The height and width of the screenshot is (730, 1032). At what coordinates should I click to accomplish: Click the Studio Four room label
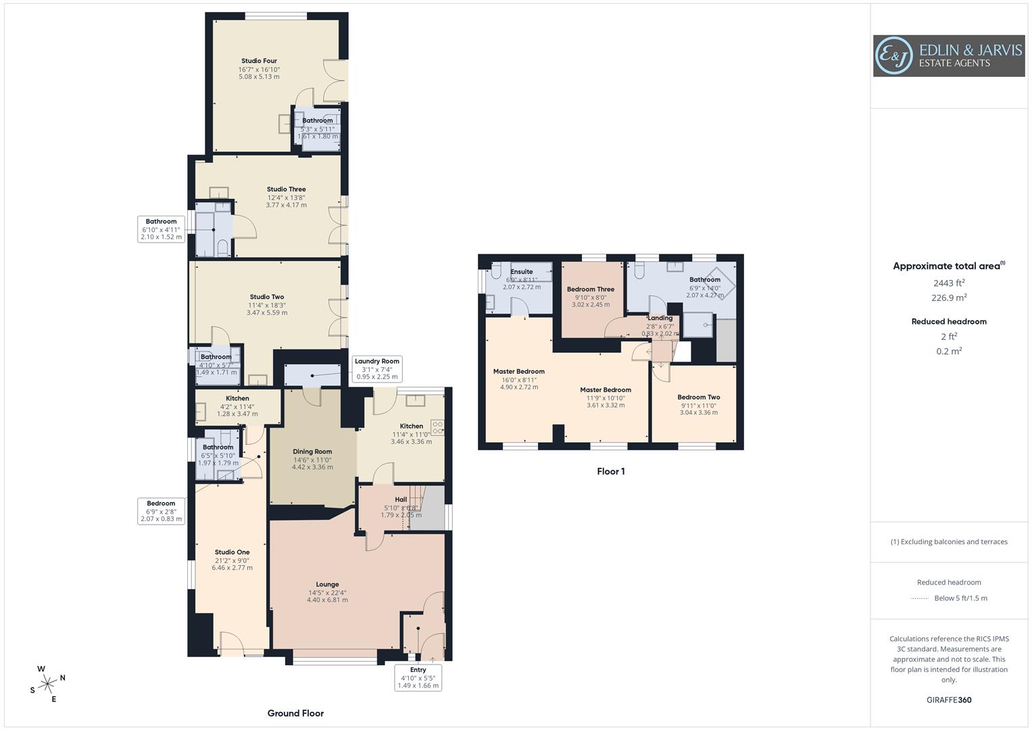coord(259,61)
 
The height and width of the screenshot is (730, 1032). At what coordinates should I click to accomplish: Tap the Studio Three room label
coord(286,189)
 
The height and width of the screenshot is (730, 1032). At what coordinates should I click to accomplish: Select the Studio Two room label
coord(267,297)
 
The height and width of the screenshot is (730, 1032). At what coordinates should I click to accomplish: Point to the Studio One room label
coord(232,552)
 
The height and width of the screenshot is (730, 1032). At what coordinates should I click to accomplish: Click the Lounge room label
coord(327,585)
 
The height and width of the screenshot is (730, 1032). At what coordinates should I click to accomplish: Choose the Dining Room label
coord(312,452)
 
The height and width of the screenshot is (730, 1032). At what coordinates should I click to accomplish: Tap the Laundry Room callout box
coord(376,369)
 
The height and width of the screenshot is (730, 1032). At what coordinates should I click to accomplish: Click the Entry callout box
coord(418,677)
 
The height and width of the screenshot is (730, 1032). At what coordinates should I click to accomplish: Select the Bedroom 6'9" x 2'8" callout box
coord(161,511)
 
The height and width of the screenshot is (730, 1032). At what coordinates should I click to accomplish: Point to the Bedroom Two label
coord(698,397)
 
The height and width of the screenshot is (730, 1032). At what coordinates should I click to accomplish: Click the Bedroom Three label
coord(590,289)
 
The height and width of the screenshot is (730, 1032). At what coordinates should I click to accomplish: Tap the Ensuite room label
coord(522,272)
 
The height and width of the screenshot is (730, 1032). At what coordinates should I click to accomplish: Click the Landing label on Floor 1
coord(660,318)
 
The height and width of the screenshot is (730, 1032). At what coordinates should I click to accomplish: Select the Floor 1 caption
coord(610,471)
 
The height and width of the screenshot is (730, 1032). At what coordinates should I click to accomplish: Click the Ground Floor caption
coord(295,713)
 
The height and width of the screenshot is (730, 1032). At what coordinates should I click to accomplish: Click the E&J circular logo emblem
coord(893,55)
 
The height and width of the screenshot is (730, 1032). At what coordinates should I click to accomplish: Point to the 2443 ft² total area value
coord(949,283)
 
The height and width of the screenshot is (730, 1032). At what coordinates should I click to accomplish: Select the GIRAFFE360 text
coord(949,700)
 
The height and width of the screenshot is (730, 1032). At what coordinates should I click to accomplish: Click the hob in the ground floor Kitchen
coord(438,427)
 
